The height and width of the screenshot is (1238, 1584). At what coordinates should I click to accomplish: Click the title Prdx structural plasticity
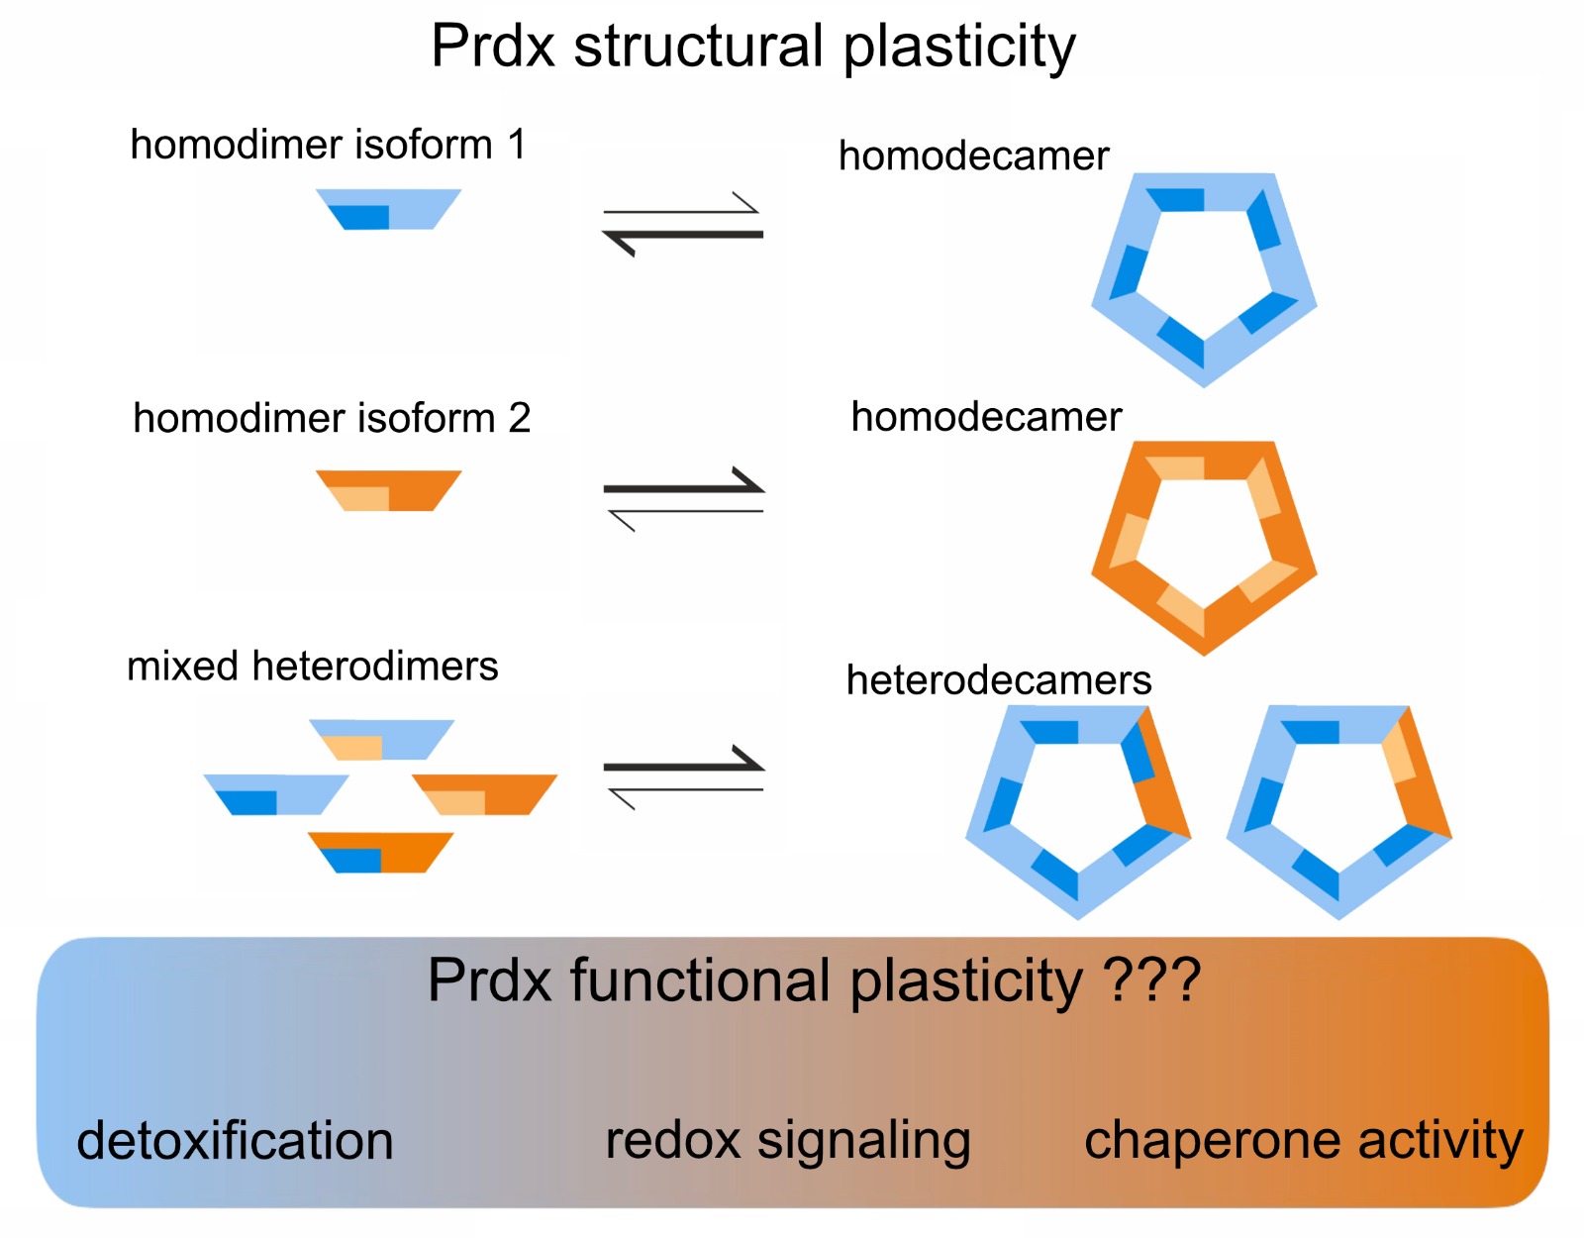[x=752, y=46]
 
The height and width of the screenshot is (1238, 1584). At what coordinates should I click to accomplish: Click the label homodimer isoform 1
[x=327, y=145]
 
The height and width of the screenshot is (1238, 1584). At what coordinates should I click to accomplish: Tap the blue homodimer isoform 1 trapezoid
[x=388, y=209]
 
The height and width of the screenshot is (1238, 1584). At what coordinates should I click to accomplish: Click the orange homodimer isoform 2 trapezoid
[x=388, y=490]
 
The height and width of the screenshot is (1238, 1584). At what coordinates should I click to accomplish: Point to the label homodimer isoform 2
[x=332, y=418]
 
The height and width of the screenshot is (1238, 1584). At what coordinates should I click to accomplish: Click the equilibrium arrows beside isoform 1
[x=683, y=223]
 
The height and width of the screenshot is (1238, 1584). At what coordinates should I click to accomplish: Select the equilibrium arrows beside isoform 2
[x=683, y=498]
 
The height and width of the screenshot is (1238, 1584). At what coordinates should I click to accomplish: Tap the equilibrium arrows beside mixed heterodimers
[x=683, y=776]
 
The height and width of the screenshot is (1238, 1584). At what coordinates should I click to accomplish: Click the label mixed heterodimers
[x=312, y=666]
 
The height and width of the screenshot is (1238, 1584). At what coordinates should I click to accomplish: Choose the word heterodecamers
[x=998, y=680]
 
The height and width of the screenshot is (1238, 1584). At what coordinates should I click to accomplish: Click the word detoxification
[x=235, y=1140]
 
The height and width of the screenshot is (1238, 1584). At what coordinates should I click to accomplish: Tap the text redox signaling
[x=787, y=1140]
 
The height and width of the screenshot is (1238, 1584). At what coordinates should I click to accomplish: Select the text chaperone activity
[x=1303, y=1140]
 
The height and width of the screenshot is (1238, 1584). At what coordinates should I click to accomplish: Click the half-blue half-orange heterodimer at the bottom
[x=381, y=853]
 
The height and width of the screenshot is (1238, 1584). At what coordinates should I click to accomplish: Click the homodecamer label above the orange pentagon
[x=986, y=417]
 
